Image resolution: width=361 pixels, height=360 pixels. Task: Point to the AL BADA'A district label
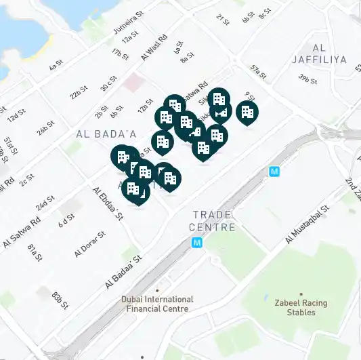106,134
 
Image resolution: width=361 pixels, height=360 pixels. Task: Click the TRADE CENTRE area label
214,220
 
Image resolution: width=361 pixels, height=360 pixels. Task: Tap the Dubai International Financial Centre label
157,304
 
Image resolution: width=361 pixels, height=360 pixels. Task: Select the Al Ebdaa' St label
109,203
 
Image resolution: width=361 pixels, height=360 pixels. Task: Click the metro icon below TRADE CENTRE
197,242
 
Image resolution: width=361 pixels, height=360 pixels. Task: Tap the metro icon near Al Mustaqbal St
274,172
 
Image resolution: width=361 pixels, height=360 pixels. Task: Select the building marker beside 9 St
247,111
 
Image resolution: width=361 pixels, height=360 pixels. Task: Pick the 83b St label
61,299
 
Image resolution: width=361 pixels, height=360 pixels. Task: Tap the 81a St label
35,252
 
